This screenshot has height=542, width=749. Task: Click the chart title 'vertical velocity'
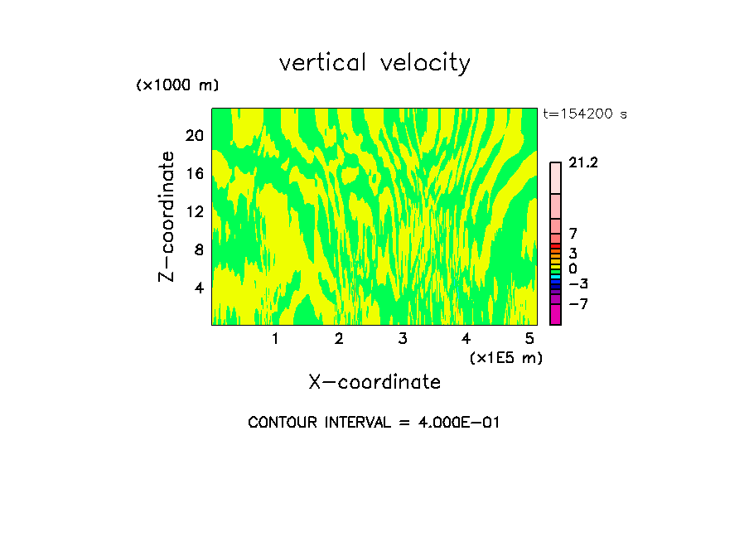(x=374, y=63)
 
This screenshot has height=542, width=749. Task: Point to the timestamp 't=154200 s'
(x=585, y=114)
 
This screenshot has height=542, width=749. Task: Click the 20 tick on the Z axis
(x=195, y=136)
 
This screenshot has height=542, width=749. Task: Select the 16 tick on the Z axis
(x=195, y=174)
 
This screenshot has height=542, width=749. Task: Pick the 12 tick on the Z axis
(x=195, y=212)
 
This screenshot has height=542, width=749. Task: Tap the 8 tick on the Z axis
(x=199, y=249)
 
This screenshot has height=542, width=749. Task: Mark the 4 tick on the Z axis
(x=199, y=288)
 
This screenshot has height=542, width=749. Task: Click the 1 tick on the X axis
(x=275, y=338)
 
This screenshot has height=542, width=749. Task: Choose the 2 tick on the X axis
(x=339, y=338)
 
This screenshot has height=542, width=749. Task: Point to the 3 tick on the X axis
(x=403, y=338)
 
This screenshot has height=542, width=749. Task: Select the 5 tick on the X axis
(x=529, y=338)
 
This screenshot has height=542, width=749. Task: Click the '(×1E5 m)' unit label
(x=505, y=358)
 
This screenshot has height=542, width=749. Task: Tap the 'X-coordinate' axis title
(x=374, y=382)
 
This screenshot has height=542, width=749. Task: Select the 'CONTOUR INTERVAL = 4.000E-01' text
(x=374, y=423)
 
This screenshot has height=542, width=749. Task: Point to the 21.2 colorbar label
(x=583, y=163)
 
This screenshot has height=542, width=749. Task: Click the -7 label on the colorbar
(x=578, y=304)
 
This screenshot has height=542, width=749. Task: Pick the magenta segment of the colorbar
(x=555, y=315)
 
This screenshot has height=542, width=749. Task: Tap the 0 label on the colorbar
(x=573, y=269)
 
